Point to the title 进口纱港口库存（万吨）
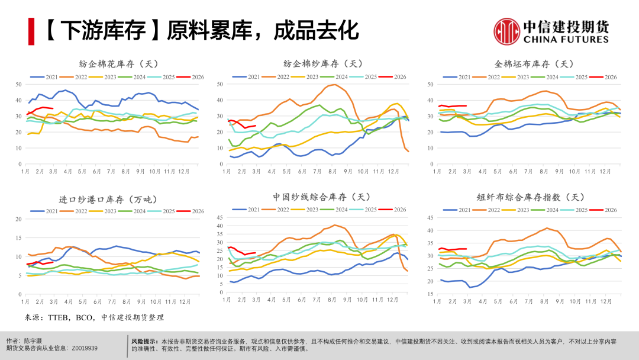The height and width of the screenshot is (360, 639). click(111, 200)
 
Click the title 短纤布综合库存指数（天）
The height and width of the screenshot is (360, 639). click(530, 197)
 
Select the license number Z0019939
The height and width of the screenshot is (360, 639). click(85, 349)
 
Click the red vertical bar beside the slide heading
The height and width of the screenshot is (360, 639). click(31, 31)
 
